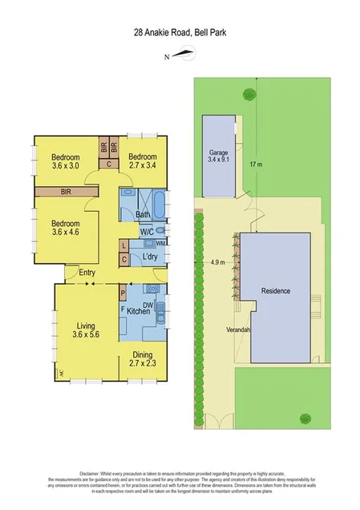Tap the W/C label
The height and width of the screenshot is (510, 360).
point(147,232)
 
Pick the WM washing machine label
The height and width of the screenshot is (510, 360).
point(161,243)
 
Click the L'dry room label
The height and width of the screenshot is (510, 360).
point(150,257)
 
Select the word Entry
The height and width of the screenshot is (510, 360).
point(88,274)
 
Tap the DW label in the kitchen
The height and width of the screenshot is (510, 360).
point(148,304)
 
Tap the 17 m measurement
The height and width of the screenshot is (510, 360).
point(256,165)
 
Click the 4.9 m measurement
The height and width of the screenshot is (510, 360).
point(216,261)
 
